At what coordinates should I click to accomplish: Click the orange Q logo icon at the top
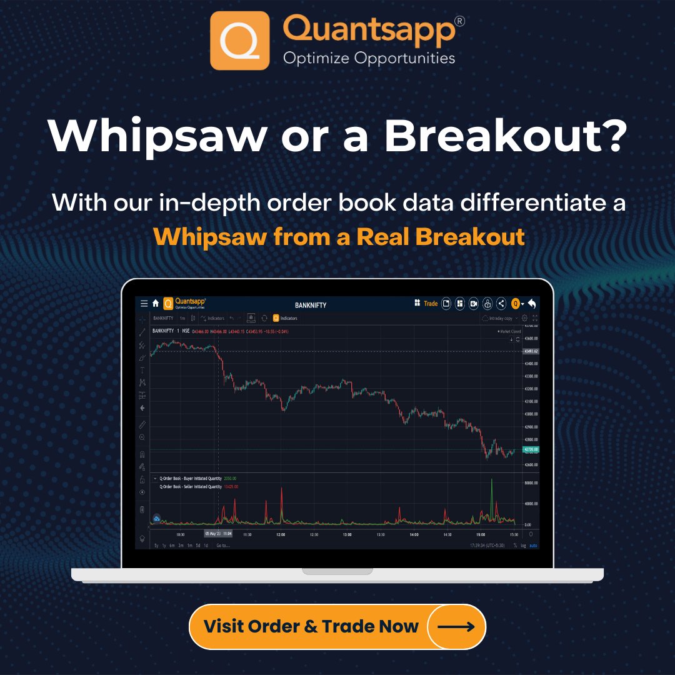click(x=240, y=41)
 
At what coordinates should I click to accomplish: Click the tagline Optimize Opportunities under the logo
click(x=369, y=59)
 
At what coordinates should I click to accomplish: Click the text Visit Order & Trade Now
click(x=311, y=626)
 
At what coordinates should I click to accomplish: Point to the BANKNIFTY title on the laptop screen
click(x=311, y=305)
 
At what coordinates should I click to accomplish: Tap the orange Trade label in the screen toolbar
click(x=431, y=304)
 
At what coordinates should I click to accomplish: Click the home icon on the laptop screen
click(x=156, y=303)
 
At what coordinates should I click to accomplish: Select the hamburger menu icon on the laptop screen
click(x=144, y=304)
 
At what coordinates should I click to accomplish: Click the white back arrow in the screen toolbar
click(x=532, y=304)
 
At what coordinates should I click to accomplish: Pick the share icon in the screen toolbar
click(x=501, y=304)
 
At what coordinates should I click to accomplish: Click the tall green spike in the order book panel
click(x=492, y=494)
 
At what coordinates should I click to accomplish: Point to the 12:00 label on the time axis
click(x=281, y=534)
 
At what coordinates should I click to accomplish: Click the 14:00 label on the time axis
click(x=414, y=534)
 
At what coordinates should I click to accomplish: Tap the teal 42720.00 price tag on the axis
click(x=531, y=449)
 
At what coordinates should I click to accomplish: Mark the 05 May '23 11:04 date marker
click(x=218, y=534)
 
